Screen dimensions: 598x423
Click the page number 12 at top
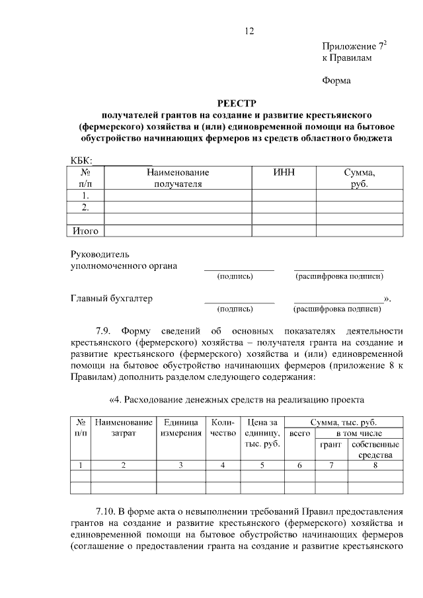249,31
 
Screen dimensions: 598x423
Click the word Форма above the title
336,81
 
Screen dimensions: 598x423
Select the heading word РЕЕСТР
236,103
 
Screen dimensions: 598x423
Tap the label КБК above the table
81,161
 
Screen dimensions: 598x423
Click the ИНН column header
284,172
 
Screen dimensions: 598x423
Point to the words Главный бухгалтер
112,299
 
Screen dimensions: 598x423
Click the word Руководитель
100,254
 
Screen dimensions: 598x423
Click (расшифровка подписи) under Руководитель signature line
339,276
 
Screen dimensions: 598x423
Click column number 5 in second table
262,465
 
